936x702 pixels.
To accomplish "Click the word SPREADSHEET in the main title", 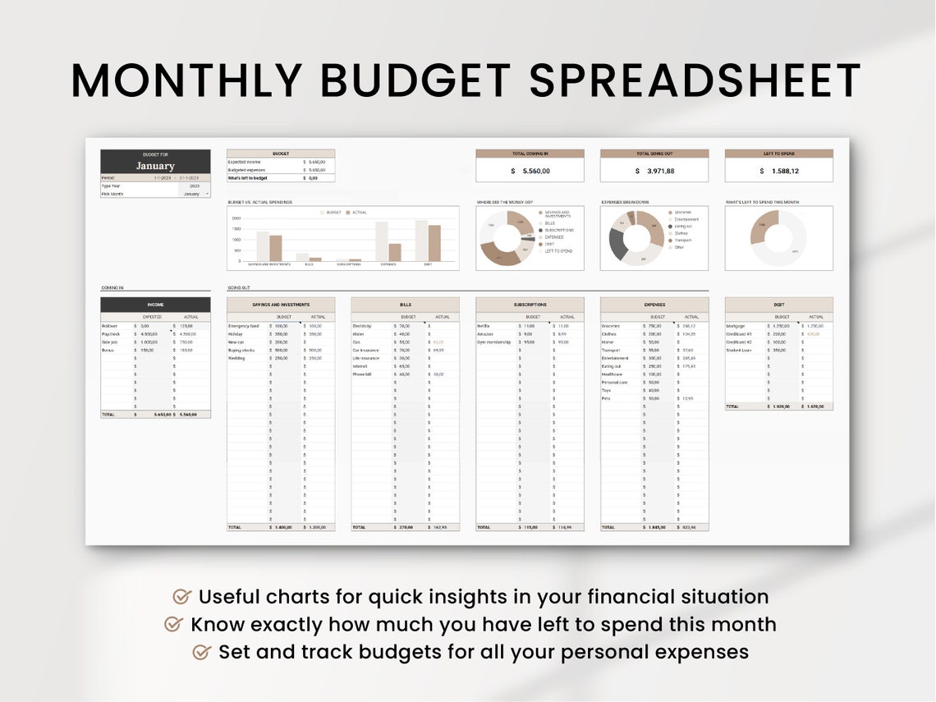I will tap(695, 81).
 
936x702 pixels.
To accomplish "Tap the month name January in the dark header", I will tap(155, 166).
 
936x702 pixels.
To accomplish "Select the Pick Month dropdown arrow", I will tap(207, 194).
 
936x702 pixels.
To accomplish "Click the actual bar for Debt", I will tap(434, 243).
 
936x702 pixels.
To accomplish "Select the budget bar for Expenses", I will tap(382, 241).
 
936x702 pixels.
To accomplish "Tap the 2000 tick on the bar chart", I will tap(236, 218).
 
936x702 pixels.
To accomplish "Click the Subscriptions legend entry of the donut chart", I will tap(558, 230).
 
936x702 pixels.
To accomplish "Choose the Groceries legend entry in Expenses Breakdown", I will tap(683, 212).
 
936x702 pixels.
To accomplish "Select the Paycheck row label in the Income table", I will tap(111, 334).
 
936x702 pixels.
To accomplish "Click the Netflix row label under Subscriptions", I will tap(484, 326).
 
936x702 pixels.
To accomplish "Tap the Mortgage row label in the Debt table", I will tap(736, 326).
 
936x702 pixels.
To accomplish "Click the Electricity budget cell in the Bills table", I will tap(405, 326).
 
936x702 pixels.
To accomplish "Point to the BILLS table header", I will tap(405, 305).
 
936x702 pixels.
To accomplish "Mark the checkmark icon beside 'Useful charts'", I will tap(182, 597).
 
